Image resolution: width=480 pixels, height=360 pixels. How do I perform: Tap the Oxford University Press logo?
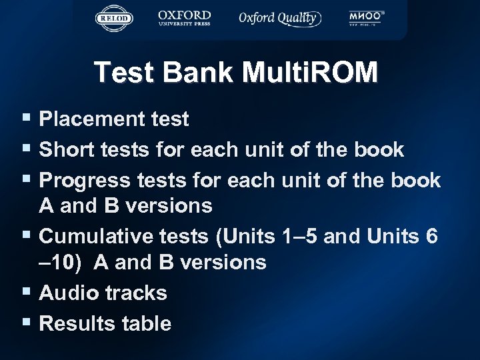(x=184, y=17)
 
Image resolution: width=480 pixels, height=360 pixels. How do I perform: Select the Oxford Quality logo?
(x=280, y=18)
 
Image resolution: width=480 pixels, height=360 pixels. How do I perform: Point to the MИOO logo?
(x=366, y=18)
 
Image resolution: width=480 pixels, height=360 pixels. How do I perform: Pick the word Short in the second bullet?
(x=65, y=150)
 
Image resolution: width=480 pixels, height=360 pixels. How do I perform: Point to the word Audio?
(x=67, y=293)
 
